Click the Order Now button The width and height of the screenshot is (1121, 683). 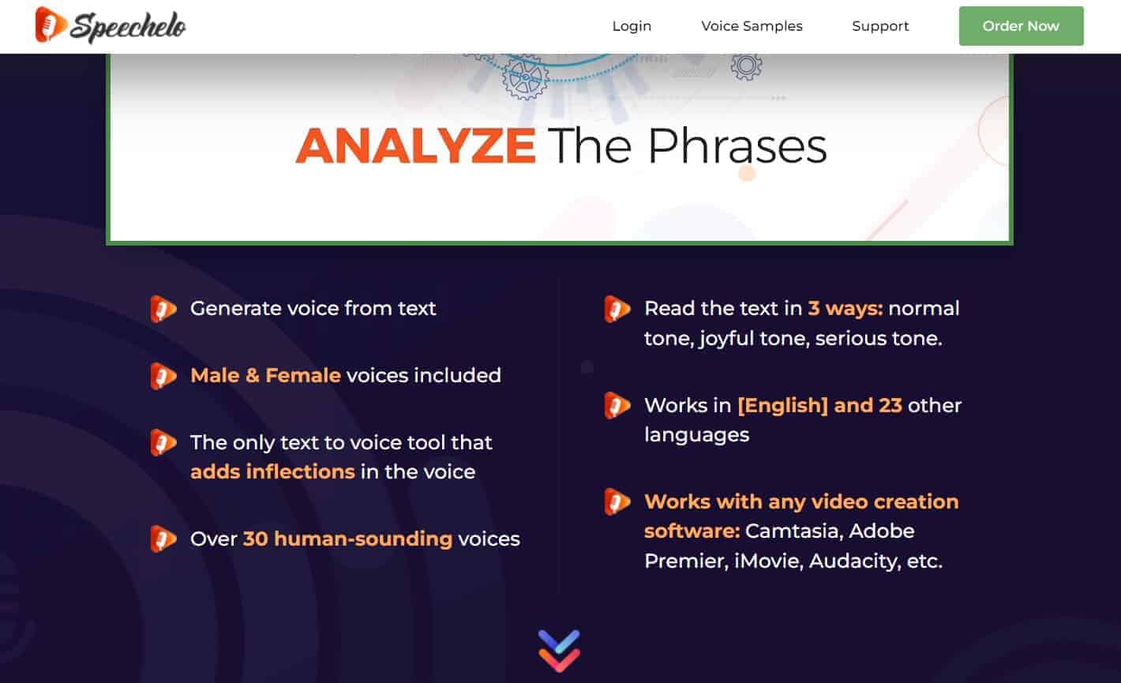(1021, 26)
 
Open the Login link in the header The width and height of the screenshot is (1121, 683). (632, 26)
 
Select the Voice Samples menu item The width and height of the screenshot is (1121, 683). (752, 26)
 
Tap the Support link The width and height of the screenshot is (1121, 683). (880, 26)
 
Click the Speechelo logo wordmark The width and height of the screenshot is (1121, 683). (128, 27)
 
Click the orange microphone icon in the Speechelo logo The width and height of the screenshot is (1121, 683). (50, 24)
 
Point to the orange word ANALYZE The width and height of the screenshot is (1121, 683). (416, 146)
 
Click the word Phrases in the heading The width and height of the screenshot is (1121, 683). (737, 146)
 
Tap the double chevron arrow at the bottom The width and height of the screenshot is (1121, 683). (559, 651)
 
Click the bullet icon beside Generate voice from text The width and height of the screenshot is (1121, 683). (163, 309)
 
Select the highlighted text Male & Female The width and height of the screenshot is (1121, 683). (266, 375)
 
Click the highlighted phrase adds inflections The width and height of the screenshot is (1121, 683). (272, 472)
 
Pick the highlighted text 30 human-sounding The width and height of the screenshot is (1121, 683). (348, 539)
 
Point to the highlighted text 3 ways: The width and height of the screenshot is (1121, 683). (845, 309)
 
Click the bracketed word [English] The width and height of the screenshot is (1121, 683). (783, 405)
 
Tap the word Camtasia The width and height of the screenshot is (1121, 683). (791, 531)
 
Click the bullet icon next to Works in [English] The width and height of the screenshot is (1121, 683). (617, 405)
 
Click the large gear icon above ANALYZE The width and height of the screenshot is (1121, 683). (526, 77)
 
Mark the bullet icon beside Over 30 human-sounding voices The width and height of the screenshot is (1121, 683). (163, 539)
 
